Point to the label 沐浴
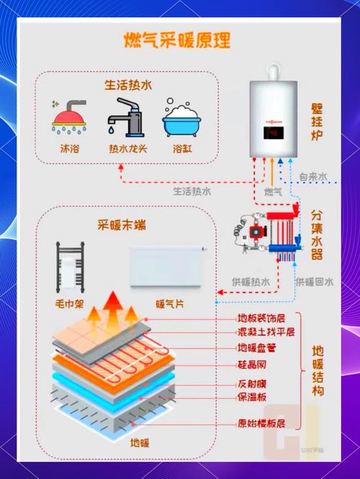(69, 150)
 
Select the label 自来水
(313, 176)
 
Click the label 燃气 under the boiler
(274, 192)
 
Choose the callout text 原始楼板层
(261, 423)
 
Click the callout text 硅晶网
(253, 366)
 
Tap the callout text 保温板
(253, 397)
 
